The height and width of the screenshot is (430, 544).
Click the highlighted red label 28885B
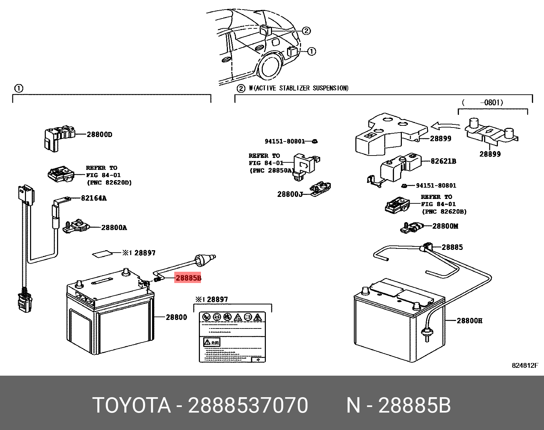tap(188, 278)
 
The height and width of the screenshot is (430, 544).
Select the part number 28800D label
tap(99, 135)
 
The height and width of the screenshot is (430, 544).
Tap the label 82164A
tap(93, 198)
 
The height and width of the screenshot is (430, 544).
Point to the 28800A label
tap(114, 228)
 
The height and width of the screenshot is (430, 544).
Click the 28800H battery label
tap(470, 321)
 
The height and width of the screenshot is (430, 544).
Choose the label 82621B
tap(443, 161)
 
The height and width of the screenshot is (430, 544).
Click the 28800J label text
tap(290, 194)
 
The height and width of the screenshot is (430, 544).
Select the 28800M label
tap(445, 226)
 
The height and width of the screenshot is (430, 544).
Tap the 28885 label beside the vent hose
tap(452, 247)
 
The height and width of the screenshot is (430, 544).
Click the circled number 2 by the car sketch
tap(306, 31)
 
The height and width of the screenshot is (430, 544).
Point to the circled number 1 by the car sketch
tap(311, 51)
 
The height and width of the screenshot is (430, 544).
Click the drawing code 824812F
tap(525, 365)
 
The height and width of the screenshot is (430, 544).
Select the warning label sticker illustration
tap(232, 337)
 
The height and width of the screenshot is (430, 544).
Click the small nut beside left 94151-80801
tap(315, 141)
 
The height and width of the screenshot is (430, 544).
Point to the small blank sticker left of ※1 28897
tap(103, 254)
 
